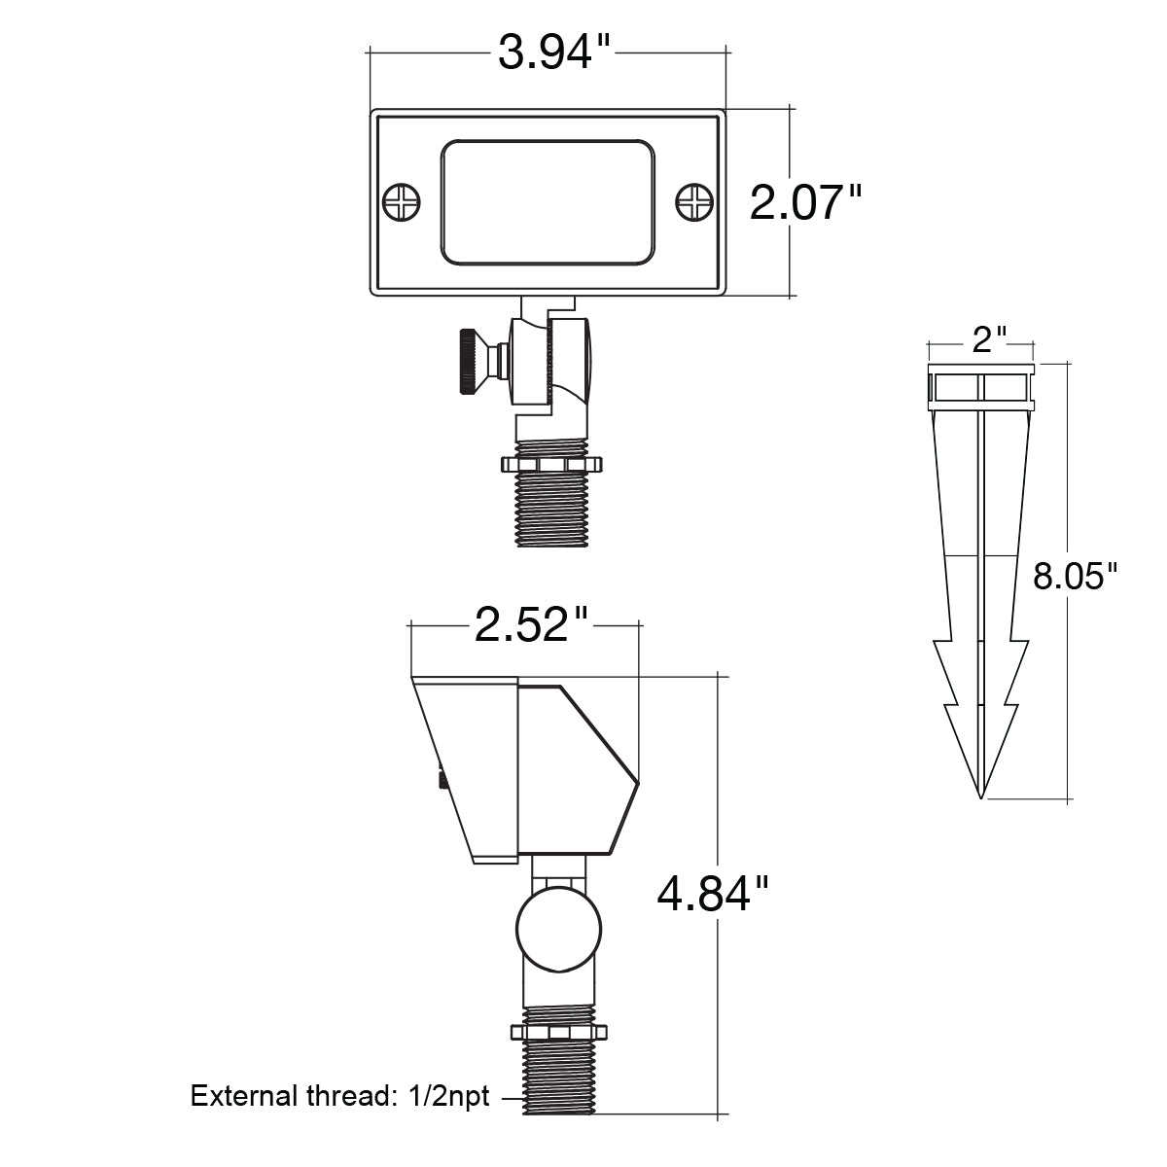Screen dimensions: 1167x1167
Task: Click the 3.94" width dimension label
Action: (x=553, y=53)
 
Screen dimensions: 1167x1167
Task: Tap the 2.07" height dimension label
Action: (x=805, y=202)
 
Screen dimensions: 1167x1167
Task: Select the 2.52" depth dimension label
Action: (x=531, y=624)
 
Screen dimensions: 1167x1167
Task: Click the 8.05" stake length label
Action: (x=1075, y=576)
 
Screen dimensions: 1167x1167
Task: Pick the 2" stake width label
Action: (x=989, y=339)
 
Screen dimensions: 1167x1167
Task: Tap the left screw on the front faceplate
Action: (x=402, y=202)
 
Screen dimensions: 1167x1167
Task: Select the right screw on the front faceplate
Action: (x=694, y=202)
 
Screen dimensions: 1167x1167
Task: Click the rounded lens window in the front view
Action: (x=548, y=202)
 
